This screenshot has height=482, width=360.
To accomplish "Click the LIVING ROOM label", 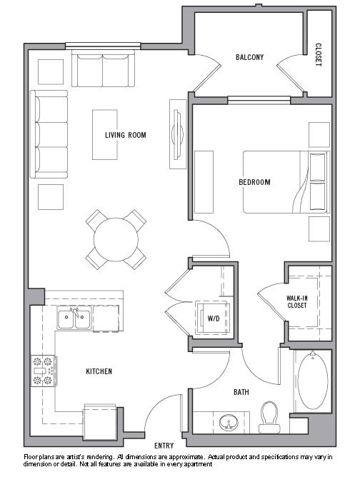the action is pos(126,135).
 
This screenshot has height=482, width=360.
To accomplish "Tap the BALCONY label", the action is pos(249,57).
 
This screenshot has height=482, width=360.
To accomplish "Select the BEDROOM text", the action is pos(254,182).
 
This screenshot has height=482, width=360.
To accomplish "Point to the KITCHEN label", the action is pos(99,371).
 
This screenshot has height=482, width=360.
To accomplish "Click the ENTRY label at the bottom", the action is pos(164,446).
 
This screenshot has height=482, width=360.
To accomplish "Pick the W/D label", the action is pos(214,318).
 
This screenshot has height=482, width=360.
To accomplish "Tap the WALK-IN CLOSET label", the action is pos(297,301).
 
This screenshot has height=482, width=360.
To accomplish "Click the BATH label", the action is pos(241,392).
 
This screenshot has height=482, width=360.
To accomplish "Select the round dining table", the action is pos(116,239).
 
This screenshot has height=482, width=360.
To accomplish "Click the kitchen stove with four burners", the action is pos(44,371).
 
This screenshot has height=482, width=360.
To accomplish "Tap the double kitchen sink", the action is pos(74,318).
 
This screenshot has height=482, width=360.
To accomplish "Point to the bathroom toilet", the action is pos(269,417).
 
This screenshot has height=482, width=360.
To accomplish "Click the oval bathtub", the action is pos(313,381).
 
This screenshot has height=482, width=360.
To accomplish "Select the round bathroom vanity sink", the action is pos(229,422).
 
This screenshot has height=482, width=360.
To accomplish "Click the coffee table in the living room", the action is pos(105,135).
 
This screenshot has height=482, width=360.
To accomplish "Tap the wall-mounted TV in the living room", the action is pos(178,134).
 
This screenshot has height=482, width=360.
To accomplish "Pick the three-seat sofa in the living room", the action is pos(49,134).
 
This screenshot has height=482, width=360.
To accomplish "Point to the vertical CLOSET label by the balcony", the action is pos(319,55).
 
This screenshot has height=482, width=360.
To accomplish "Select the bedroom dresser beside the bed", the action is pos(204,182).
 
